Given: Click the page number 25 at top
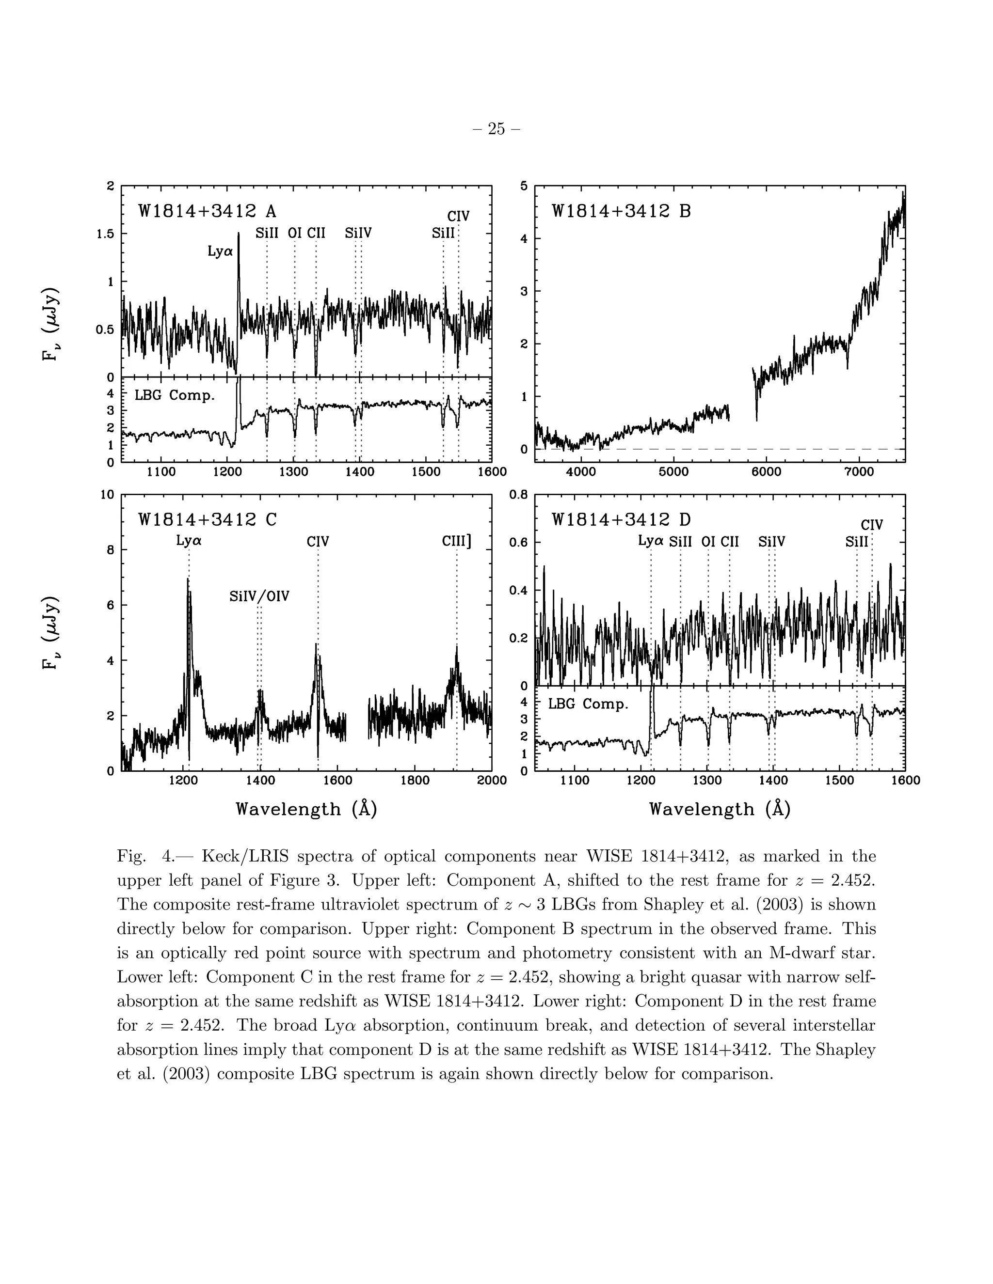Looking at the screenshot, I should coord(496,129).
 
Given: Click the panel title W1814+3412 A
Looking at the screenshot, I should coord(207,211).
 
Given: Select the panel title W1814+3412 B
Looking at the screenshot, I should coord(621,211).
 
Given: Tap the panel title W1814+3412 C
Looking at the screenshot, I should coord(207,520).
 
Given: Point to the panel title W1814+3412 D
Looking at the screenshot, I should coord(621,520).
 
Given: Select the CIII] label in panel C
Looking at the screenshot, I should coord(456,541).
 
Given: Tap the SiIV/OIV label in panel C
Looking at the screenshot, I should coord(259,596).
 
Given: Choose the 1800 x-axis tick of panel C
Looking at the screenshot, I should coord(415,781).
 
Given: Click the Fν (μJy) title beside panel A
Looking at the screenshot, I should coord(52,324).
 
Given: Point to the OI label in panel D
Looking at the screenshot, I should coord(708,542).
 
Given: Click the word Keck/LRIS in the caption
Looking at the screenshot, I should coord(244,856).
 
